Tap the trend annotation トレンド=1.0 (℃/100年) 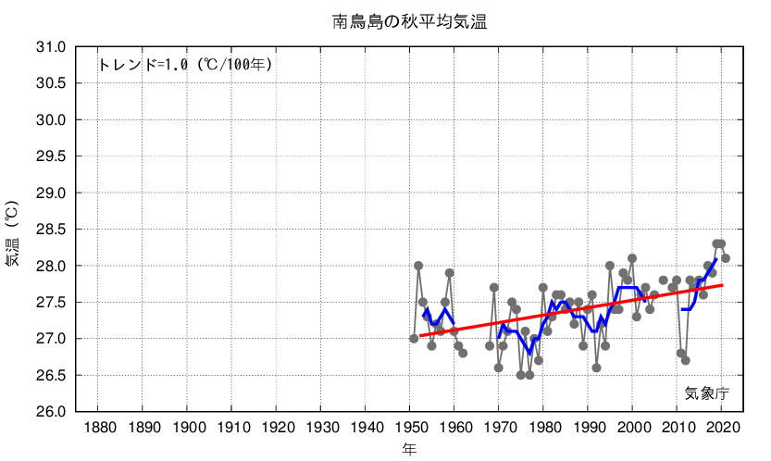point(185,65)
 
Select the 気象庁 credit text point(707,392)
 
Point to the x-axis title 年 point(409,449)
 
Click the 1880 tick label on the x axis point(99,428)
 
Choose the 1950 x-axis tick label point(410,428)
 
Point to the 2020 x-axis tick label point(721,428)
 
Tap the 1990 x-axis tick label point(588,428)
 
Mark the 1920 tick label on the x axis point(277,428)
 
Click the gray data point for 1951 point(414,339)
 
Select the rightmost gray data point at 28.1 point(726,258)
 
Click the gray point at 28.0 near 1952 point(418,266)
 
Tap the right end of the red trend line point(722,285)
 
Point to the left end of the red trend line point(419,336)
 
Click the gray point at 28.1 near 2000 point(632,258)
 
